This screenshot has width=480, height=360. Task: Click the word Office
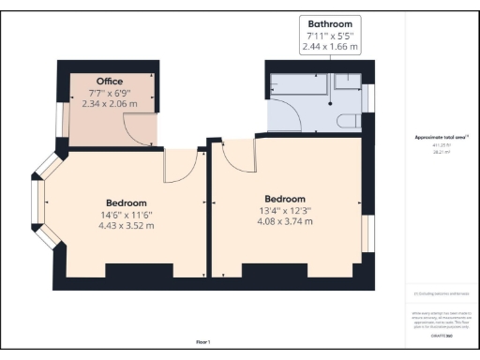point(110,81)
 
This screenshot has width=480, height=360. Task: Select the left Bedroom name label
point(126,202)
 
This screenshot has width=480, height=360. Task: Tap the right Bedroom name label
point(285,199)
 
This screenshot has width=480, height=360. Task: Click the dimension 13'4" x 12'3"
point(285,211)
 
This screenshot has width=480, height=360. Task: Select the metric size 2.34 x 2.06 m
point(111,105)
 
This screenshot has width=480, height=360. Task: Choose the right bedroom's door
point(238,157)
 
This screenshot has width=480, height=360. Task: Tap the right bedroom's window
point(368,234)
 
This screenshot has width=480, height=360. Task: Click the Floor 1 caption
point(203,342)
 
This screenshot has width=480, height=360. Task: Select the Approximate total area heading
point(442,138)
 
